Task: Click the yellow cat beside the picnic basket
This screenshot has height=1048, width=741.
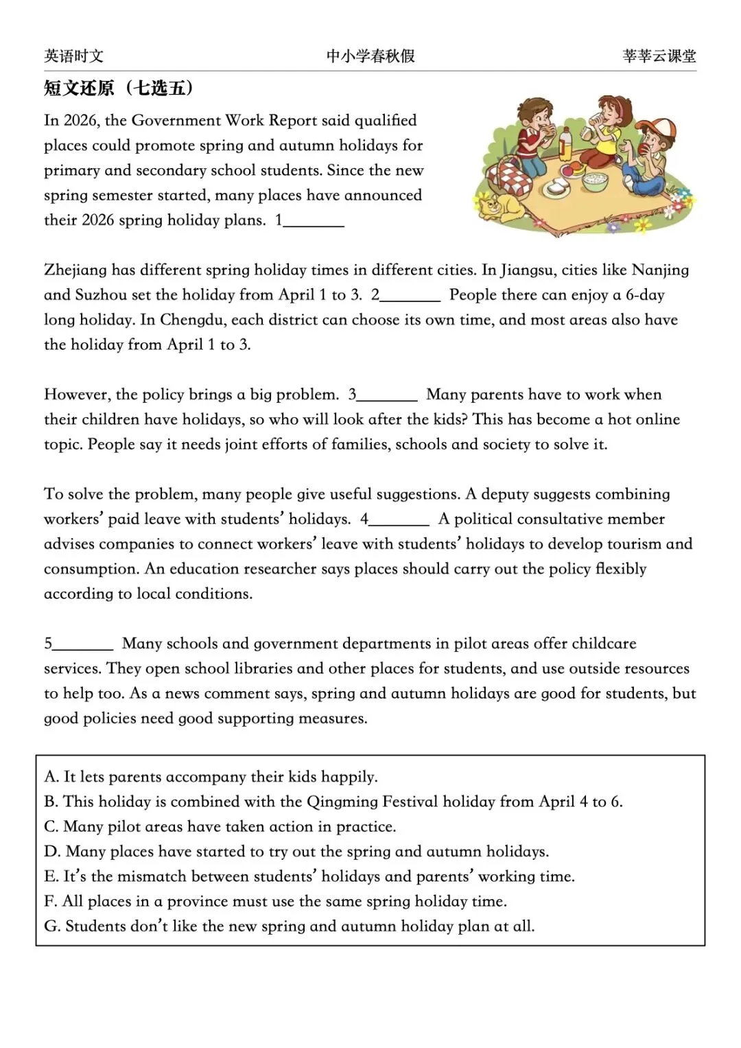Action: (499, 206)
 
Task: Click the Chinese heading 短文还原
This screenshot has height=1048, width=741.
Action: (79, 88)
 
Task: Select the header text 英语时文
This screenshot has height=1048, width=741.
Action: (73, 56)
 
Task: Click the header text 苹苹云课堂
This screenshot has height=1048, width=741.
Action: (659, 56)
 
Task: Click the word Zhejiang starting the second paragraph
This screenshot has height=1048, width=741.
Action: (75, 270)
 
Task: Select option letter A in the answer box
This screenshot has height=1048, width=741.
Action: (51, 777)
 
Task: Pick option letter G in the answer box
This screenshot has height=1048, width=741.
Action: (51, 926)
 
